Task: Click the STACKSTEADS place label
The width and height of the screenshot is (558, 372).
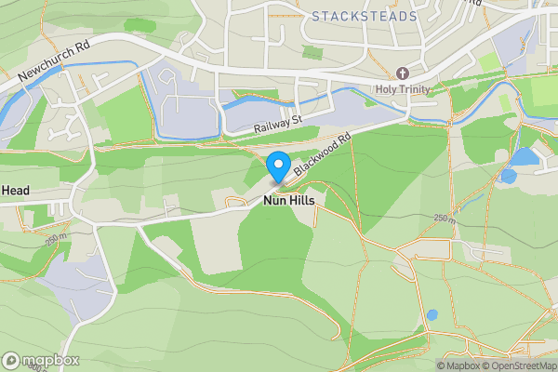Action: [x=365, y=16]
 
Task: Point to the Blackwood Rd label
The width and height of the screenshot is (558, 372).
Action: [x=321, y=155]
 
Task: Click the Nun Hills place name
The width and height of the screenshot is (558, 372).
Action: [x=288, y=201]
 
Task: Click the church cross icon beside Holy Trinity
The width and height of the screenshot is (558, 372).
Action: [x=403, y=73]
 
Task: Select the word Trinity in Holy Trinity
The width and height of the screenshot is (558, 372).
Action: [x=440, y=89]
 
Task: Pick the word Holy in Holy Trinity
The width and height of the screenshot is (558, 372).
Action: [x=386, y=89]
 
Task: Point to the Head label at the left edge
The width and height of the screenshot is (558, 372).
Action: [x=15, y=191]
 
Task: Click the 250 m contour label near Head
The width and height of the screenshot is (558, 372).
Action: [x=56, y=239]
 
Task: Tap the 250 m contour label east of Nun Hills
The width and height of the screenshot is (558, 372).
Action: [x=445, y=219]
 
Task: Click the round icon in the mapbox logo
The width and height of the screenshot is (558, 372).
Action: [x=12, y=360]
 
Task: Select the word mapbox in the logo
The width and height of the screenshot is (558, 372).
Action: [x=50, y=360]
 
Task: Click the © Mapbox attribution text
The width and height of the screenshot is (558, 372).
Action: [x=460, y=365]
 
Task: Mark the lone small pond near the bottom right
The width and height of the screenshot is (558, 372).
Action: [x=432, y=316]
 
